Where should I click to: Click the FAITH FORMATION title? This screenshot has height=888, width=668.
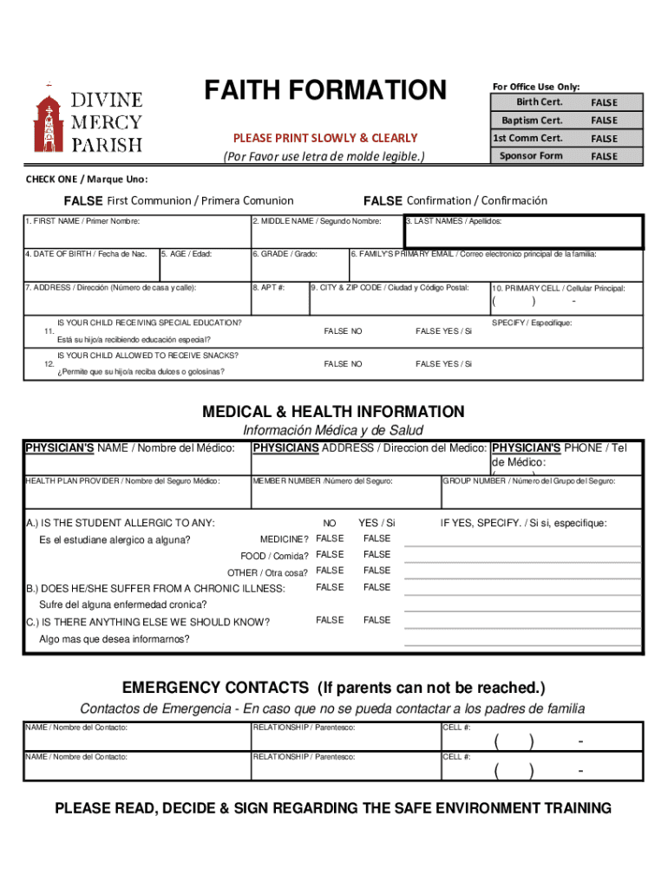(x=324, y=90)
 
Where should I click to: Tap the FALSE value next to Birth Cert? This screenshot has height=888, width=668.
(x=604, y=102)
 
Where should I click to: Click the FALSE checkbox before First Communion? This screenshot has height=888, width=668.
(x=83, y=201)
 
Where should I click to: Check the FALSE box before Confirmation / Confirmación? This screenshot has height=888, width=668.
(x=383, y=201)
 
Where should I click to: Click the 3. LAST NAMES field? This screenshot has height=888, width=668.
(x=523, y=232)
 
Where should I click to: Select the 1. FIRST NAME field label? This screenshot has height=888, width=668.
(x=82, y=222)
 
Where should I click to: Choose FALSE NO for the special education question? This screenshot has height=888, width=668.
(x=343, y=331)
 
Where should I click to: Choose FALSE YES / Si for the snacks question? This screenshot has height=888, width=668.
(x=443, y=364)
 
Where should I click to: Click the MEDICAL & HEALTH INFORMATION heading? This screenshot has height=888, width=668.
(x=333, y=412)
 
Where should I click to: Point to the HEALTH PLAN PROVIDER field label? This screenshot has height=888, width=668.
(x=122, y=480)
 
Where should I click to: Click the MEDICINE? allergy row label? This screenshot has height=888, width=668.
(x=285, y=539)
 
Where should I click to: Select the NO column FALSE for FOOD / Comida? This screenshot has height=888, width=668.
(x=330, y=555)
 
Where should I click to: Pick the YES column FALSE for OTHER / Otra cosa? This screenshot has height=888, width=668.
(x=377, y=571)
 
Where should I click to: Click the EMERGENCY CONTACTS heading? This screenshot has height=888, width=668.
(x=333, y=689)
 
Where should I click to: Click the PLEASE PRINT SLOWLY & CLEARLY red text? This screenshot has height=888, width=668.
(x=324, y=138)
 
